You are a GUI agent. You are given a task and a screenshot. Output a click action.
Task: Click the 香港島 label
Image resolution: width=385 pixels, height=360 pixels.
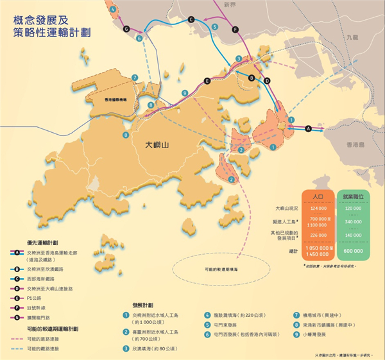coord(355,146)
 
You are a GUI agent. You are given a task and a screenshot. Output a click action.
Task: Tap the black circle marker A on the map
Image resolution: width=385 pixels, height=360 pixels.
coord(309,128)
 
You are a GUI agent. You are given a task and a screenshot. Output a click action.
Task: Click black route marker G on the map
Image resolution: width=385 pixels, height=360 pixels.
coord(126,29)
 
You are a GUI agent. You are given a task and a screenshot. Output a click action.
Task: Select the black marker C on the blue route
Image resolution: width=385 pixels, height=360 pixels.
coord(191,21)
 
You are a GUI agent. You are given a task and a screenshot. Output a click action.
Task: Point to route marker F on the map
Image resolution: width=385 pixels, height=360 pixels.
coord(235,30)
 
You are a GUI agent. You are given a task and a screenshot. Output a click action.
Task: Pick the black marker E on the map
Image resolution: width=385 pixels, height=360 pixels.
coord(206,81)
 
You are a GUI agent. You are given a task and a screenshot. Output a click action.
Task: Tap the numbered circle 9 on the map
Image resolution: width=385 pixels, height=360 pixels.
coord(185,93)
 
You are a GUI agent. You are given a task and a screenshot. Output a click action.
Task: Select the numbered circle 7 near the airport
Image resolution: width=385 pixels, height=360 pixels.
coord(135,78)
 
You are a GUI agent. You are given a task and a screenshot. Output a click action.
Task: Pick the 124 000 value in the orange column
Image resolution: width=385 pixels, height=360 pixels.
coord(317,209)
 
